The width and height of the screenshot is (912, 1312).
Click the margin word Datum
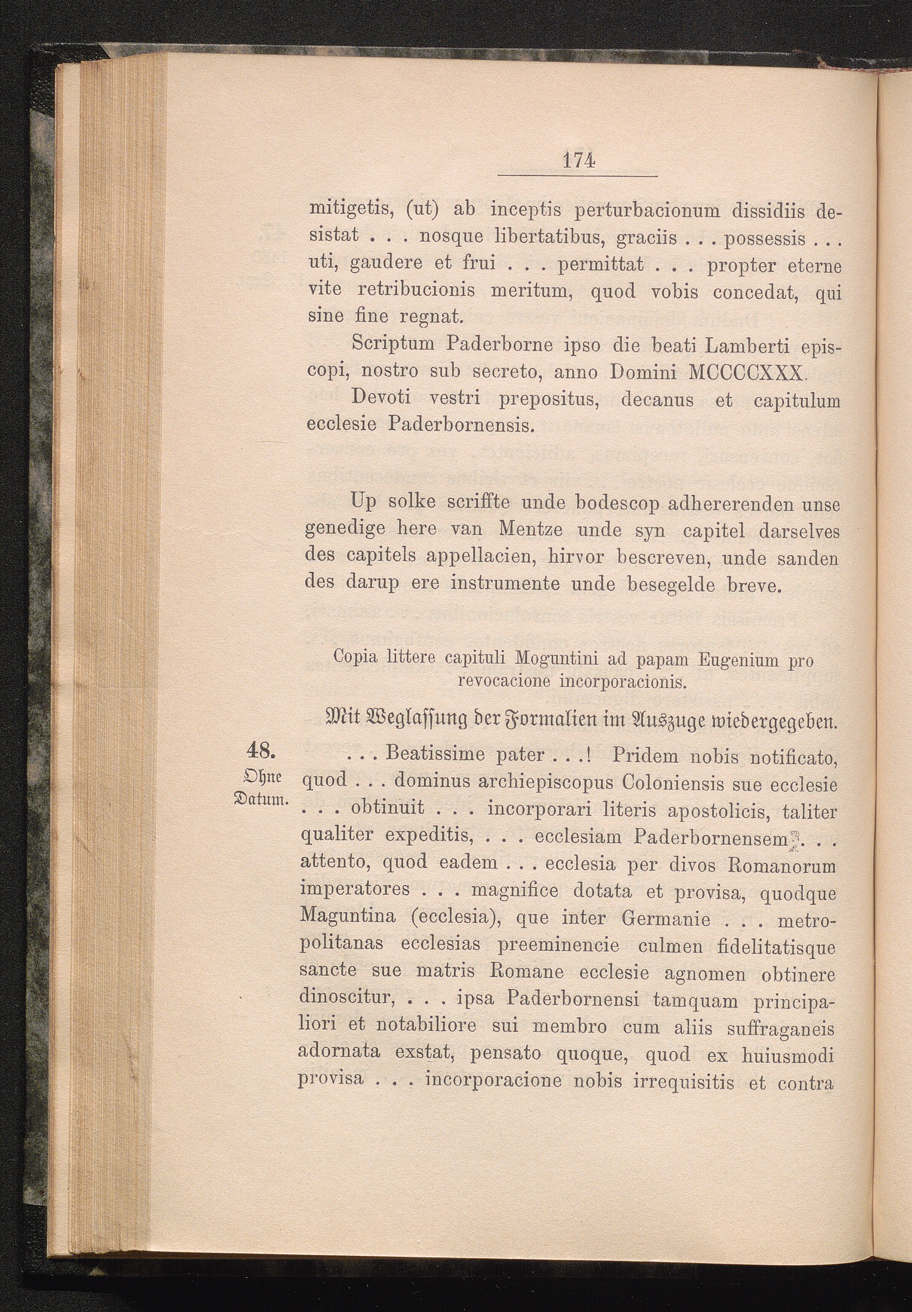pos(264,797)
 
